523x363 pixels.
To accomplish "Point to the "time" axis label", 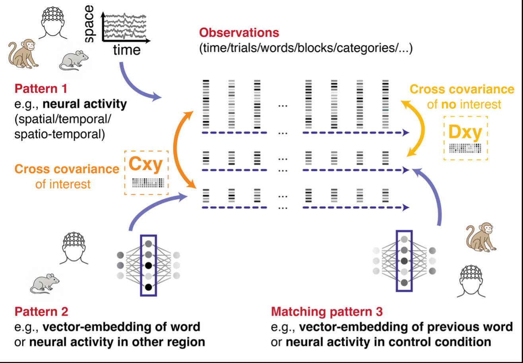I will (126, 50).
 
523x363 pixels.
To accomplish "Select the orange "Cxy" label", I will (147, 165).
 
